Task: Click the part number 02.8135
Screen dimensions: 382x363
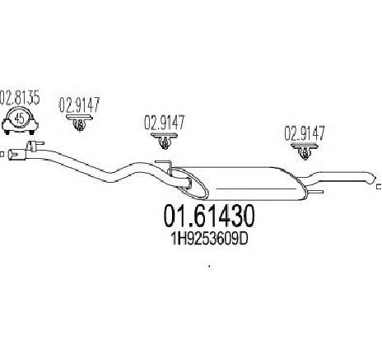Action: (x=20, y=98)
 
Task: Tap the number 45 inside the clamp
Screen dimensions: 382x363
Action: (x=19, y=119)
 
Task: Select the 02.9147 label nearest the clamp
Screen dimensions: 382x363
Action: (x=79, y=105)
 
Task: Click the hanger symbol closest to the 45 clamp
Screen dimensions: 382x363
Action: (x=79, y=123)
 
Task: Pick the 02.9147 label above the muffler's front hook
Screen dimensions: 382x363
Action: (x=165, y=123)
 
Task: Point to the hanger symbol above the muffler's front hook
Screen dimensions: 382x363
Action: (x=164, y=141)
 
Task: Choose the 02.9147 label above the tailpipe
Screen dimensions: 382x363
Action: (x=305, y=133)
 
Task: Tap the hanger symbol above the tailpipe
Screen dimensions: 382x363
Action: (x=305, y=151)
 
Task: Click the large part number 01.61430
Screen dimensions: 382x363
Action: (x=209, y=216)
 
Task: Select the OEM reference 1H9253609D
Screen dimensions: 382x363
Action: (x=209, y=240)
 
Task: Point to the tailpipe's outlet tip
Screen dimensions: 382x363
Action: (x=371, y=180)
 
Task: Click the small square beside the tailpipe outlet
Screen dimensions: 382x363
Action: (x=380, y=187)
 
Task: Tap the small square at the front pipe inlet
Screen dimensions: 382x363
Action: (x=2, y=155)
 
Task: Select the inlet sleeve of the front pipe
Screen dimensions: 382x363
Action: (x=16, y=154)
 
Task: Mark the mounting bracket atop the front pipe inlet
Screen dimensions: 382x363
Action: (x=35, y=145)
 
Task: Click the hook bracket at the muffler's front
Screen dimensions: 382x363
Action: (x=165, y=166)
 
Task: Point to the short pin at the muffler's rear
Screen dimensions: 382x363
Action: (x=315, y=192)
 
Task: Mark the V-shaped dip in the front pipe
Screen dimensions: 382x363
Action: (x=113, y=177)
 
